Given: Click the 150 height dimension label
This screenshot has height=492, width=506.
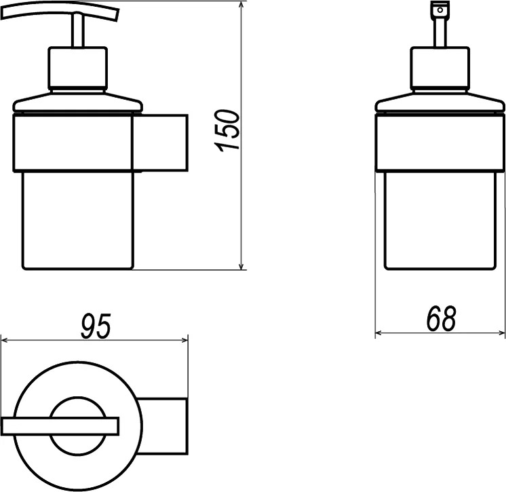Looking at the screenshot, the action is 228,130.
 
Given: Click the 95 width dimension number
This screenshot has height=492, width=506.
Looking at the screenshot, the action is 96,326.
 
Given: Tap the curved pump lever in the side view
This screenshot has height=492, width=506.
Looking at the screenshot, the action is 60,13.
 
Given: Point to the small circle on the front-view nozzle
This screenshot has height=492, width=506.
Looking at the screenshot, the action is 440,10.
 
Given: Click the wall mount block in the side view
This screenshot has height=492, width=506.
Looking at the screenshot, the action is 160,143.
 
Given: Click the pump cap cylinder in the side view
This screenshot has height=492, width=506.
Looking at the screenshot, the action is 78,68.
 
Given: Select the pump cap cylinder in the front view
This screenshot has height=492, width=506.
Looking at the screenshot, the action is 440,68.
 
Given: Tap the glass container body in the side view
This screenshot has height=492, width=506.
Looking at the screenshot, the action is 77,221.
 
